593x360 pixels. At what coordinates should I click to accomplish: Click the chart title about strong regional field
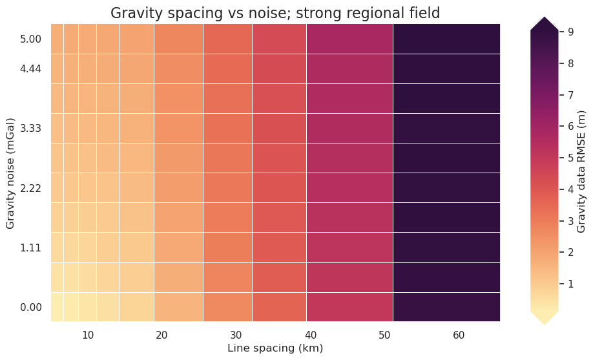[275, 12]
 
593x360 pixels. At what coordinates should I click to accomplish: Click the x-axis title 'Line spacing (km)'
[275, 348]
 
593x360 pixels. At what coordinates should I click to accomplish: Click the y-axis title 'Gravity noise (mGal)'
[10, 173]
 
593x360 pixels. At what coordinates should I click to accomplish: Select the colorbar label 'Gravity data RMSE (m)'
[581, 171]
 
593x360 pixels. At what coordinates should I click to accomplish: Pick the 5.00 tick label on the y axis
[31, 39]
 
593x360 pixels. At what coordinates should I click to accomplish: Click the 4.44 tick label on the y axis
[31, 69]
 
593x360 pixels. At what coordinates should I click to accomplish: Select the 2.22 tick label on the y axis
[31, 188]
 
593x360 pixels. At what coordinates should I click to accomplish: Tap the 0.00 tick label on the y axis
[31, 307]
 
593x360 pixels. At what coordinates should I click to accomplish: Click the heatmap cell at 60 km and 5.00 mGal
[446, 39]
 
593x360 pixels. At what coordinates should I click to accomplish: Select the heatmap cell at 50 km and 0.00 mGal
[349, 307]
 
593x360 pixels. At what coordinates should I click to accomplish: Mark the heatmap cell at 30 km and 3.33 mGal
[227, 128]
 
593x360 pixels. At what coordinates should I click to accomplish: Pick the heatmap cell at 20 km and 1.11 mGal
[178, 248]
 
